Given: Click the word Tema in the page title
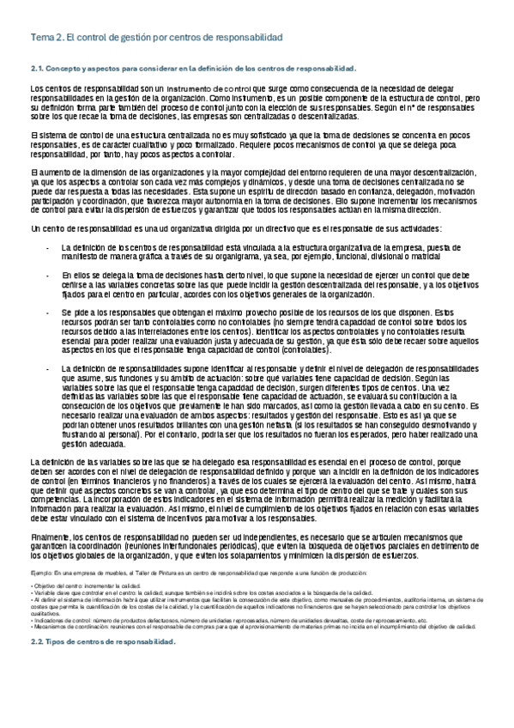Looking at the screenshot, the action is (x=40, y=39).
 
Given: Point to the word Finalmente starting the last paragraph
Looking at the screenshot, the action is (x=51, y=513).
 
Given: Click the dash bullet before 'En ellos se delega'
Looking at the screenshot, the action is (x=47, y=276).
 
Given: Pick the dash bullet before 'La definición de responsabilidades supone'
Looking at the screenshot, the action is (x=47, y=367).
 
